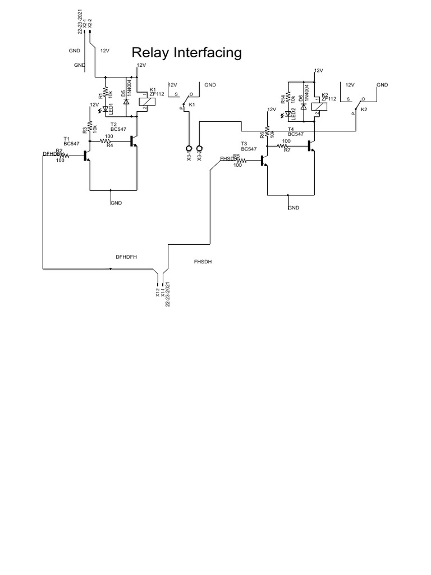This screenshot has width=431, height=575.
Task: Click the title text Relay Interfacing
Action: (186, 53)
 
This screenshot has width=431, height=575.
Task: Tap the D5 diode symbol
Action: (127, 102)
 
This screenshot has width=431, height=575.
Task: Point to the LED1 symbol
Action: (105, 110)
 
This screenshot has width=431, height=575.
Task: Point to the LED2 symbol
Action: (287, 115)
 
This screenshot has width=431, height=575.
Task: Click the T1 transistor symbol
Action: (86, 156)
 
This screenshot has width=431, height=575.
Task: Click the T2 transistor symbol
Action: (133, 141)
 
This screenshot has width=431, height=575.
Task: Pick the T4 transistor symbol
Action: (310, 146)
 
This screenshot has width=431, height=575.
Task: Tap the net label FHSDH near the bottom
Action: (203, 262)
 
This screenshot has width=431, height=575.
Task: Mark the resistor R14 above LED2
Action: (287, 95)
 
